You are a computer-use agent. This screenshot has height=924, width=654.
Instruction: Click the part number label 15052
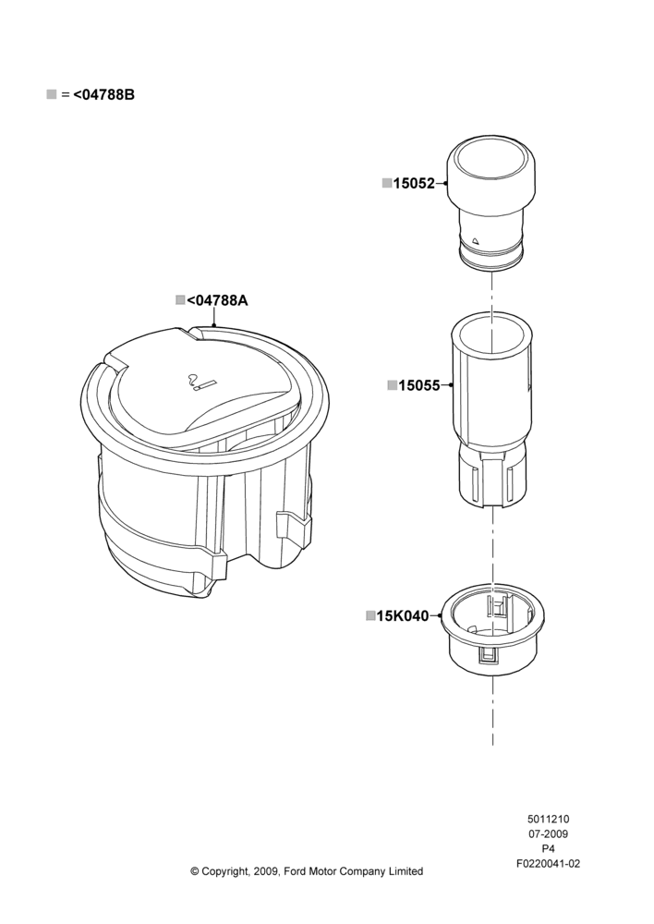click(x=414, y=183)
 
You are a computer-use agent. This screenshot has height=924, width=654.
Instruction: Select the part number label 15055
click(x=419, y=385)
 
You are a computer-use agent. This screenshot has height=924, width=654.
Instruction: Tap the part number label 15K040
click(x=403, y=615)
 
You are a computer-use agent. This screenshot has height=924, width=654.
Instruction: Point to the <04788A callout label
click(x=217, y=300)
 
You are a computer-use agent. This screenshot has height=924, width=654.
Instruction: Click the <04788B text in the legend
click(x=103, y=94)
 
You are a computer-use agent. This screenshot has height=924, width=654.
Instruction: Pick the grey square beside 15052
click(x=387, y=183)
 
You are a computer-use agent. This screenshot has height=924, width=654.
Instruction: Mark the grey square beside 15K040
click(x=370, y=615)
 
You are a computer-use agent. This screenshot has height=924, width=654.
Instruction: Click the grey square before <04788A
click(x=180, y=299)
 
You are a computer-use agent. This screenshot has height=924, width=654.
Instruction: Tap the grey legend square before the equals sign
click(x=52, y=93)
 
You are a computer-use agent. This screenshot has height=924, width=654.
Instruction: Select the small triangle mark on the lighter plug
click(x=476, y=240)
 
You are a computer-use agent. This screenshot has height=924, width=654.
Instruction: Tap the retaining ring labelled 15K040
click(x=492, y=629)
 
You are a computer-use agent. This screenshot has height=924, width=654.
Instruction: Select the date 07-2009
click(x=548, y=833)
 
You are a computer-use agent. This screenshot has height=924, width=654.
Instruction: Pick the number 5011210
click(x=548, y=819)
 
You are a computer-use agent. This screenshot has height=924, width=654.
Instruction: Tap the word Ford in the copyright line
click(x=295, y=871)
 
